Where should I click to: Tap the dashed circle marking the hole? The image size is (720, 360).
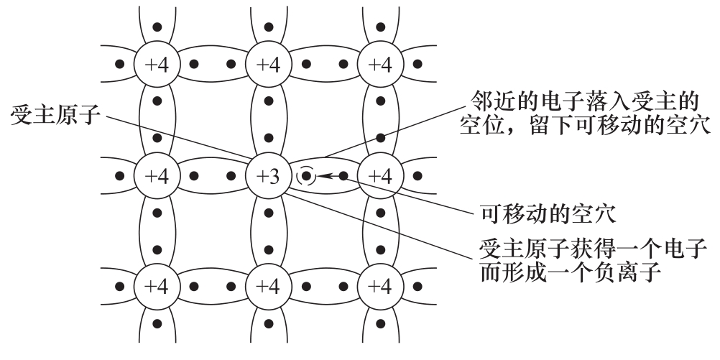click(307, 175)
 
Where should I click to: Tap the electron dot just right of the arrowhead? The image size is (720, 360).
click(343, 175)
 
